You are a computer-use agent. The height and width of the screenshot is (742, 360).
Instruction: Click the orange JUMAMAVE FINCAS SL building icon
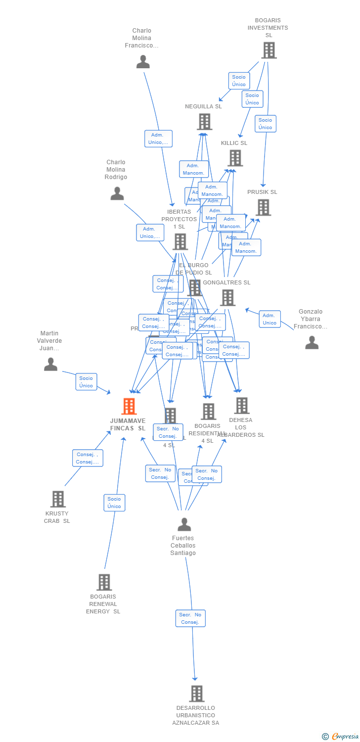click(x=129, y=406)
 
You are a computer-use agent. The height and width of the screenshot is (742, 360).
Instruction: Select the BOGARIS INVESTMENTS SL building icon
click(x=269, y=50)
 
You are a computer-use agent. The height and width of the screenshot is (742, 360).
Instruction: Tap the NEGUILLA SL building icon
click(x=204, y=121)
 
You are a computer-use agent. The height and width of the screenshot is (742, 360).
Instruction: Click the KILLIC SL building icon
click(x=235, y=158)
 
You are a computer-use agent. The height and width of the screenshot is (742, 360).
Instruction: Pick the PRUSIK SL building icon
click(x=264, y=207)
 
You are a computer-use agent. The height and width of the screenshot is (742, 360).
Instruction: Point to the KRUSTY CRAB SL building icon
click(x=58, y=499)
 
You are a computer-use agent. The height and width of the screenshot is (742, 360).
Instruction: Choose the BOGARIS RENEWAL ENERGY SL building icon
click(x=104, y=582)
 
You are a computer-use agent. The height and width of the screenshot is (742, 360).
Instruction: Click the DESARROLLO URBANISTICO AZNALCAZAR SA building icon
click(x=196, y=694)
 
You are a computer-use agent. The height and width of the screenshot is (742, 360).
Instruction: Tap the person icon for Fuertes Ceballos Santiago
click(x=184, y=524)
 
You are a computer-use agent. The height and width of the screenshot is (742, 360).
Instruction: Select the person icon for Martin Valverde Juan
click(x=50, y=365)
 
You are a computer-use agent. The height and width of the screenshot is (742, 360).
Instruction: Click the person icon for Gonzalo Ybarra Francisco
click(x=312, y=342)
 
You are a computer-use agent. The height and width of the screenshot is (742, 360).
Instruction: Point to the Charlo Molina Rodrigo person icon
click(x=117, y=193)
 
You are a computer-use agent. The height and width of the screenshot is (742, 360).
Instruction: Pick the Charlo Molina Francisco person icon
click(x=143, y=62)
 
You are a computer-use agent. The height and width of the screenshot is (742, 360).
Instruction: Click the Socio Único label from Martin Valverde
click(x=86, y=382)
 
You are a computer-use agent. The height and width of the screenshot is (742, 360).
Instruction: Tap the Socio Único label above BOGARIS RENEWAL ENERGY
click(x=114, y=503)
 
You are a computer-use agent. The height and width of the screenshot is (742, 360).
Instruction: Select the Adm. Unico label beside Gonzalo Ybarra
click(x=270, y=319)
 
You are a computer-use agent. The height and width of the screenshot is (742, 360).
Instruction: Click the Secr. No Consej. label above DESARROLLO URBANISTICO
click(x=190, y=618)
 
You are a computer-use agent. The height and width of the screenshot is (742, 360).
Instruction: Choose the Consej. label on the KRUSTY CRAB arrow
click(x=88, y=458)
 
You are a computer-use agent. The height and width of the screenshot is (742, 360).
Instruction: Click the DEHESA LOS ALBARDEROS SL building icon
click(x=241, y=406)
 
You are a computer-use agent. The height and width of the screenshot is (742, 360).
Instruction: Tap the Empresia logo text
click(x=344, y=737)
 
